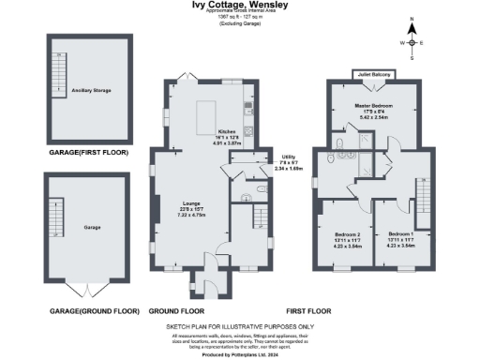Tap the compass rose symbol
pos(410,43)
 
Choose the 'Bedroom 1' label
pos(400,233)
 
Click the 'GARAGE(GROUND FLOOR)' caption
pos(88,309)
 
